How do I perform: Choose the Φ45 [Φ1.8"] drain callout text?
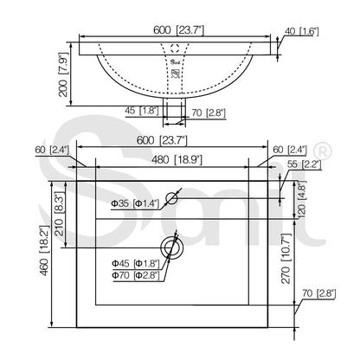(x=133, y=262)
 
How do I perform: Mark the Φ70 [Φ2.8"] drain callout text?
(x=133, y=274)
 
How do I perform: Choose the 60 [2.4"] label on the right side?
(x=292, y=149)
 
